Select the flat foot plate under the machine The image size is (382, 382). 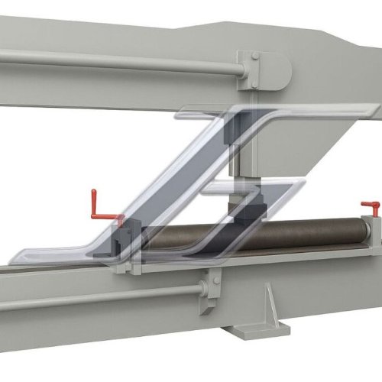(x=256, y=330)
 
